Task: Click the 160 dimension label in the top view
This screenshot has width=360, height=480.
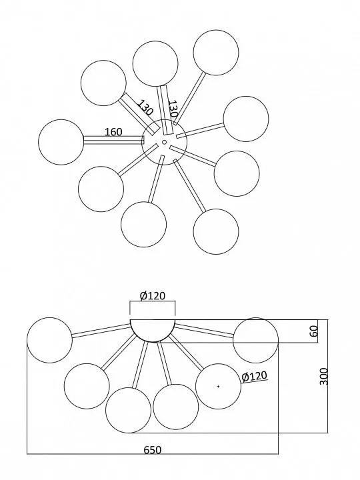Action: tap(113, 131)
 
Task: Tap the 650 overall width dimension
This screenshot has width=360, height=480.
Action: tap(153, 450)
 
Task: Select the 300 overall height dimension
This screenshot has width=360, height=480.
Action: tap(324, 377)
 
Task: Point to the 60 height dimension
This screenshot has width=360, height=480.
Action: tap(315, 331)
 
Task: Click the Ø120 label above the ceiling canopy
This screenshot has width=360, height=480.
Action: tap(153, 296)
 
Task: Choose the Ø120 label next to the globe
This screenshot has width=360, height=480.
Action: tap(255, 376)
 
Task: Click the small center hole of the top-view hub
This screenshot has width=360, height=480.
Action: tap(164, 142)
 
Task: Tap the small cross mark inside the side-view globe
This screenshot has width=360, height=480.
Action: tap(218, 386)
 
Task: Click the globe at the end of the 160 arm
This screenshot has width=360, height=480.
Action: tap(61, 142)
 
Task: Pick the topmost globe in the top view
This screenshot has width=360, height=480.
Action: tap(216, 53)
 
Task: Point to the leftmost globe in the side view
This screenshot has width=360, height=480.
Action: tap(49, 340)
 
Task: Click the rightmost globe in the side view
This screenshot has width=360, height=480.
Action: tap(255, 340)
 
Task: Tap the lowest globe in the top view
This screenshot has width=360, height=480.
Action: tap(216, 231)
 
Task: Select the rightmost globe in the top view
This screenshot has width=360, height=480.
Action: tap(246, 119)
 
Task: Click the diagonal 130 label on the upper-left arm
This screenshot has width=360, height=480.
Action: tap(145, 107)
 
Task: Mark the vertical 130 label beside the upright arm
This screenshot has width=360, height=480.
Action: tap(173, 109)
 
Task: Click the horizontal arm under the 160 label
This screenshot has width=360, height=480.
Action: tap(114, 140)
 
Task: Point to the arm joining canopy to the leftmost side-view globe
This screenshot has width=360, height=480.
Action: tap(101, 331)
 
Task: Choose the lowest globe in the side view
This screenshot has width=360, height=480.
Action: tap(128, 410)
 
